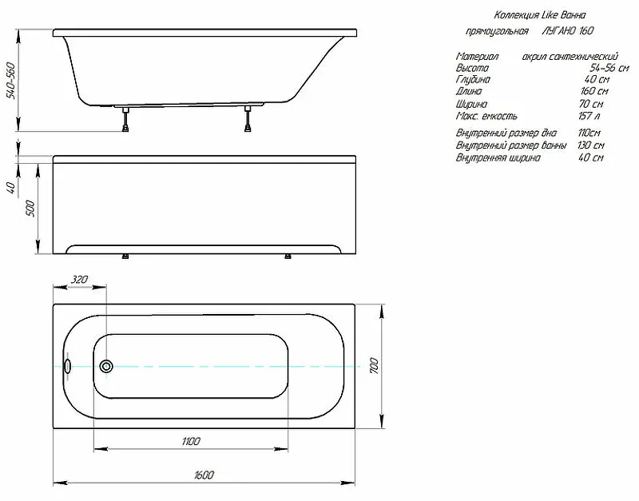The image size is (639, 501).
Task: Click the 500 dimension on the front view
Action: [x=30, y=209]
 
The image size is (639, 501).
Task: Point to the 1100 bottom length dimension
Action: [x=190, y=441]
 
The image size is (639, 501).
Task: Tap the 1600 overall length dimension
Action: [x=204, y=475]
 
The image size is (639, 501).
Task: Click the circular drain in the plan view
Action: [x=107, y=367]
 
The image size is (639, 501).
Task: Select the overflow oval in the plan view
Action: [x=67, y=367]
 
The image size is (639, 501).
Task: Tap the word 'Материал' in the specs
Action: [x=478, y=58]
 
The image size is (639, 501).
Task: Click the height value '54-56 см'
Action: [x=602, y=70]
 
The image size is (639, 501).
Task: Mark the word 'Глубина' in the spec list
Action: [x=473, y=81]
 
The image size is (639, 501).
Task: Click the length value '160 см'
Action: [x=591, y=93]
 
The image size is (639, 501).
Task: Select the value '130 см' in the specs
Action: [x=591, y=146]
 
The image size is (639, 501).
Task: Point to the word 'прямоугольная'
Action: [x=498, y=32]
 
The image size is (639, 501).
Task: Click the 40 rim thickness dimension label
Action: [x=10, y=189]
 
